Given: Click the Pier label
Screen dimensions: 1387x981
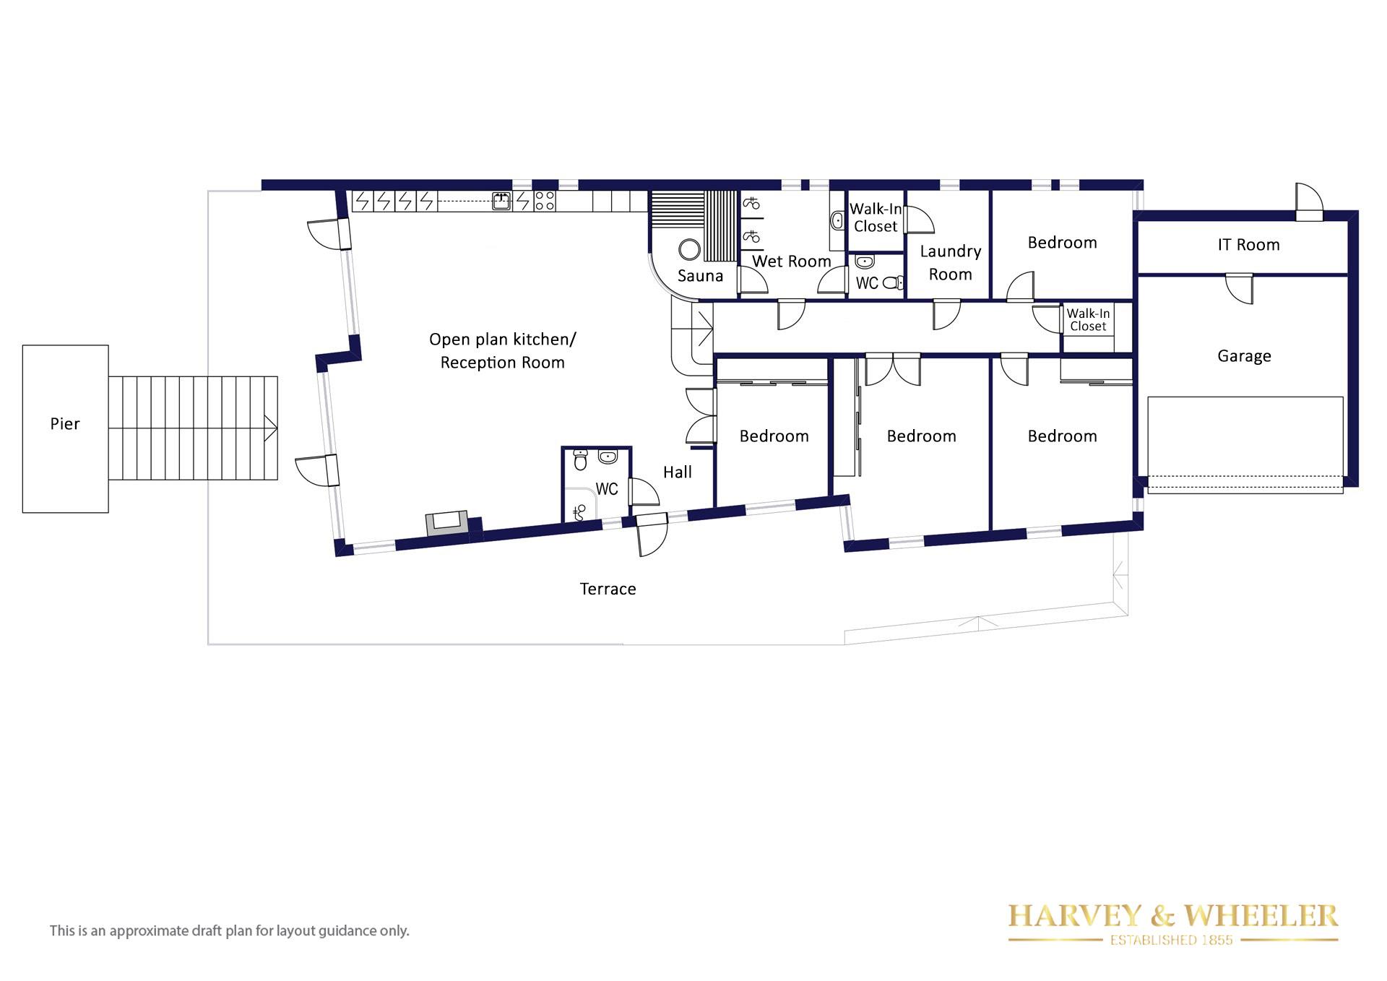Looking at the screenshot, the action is pos(64,424).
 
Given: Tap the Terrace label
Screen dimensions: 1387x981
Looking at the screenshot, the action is pos(608,589).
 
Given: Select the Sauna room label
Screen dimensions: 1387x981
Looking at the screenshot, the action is pos(700,276).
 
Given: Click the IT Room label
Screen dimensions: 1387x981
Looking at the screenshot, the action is pos(1248,245).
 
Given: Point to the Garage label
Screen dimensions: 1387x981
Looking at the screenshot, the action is pos(1244,356).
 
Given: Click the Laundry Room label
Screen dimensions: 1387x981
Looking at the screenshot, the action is pos(951,263).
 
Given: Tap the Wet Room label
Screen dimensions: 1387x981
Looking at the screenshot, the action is pos(792,262).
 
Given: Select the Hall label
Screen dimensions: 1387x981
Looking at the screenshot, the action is pos(678,472).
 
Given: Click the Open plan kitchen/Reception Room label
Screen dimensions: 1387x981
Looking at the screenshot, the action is pos(503,351).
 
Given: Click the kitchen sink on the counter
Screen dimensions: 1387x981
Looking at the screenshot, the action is pos(501,201).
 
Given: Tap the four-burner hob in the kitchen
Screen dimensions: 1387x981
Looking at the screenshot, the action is pos(545,201).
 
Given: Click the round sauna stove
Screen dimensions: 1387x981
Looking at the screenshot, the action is pos(689,250).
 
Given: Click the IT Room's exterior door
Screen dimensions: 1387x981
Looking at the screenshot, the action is pos(1308,202).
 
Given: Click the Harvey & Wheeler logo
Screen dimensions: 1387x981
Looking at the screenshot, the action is pos(1173,924).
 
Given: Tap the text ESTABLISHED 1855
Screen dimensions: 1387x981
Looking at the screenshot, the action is pos(1172,940).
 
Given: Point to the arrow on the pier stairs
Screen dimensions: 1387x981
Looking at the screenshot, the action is pos(271,428).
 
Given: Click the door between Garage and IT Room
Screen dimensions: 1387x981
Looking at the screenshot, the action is pos(1239,288).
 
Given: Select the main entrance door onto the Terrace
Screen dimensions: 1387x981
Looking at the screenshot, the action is pos(652,534).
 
